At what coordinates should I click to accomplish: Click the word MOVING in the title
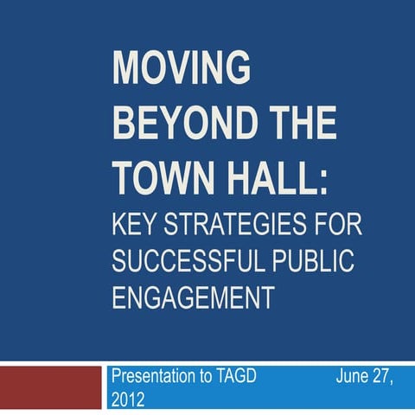click(182, 67)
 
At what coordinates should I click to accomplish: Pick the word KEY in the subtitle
click(139, 227)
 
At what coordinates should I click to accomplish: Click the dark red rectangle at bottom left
click(51, 386)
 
